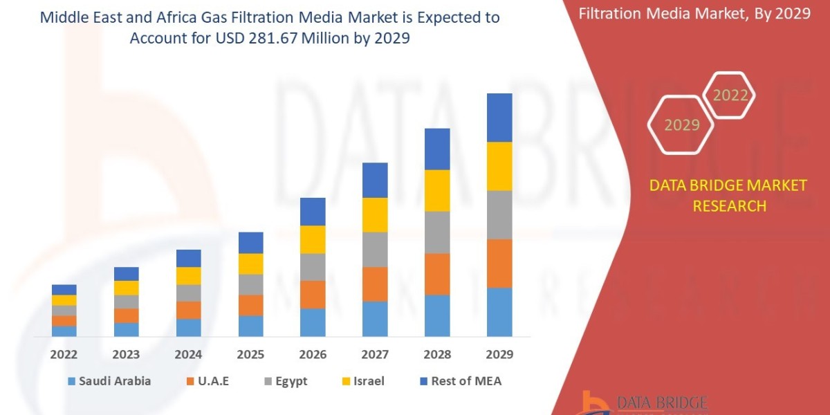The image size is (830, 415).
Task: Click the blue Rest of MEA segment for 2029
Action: click(x=499, y=118)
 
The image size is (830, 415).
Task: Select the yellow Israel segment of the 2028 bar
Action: click(x=437, y=190)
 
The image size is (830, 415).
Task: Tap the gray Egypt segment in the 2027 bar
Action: click(x=375, y=249)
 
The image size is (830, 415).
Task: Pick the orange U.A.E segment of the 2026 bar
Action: click(x=313, y=294)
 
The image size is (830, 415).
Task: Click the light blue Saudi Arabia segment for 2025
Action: click(x=250, y=326)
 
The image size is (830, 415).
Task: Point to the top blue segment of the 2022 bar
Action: click(x=64, y=289)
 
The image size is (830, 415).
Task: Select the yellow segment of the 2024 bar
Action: click(x=188, y=275)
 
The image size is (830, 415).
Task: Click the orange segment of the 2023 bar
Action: click(x=127, y=315)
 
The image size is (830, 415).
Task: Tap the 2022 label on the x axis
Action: click(x=64, y=355)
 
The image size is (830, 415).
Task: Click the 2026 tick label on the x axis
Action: click(x=313, y=355)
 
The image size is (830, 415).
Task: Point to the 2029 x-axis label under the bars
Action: click(x=499, y=355)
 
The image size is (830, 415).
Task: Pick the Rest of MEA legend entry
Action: click(x=459, y=381)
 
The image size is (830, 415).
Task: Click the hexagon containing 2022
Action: click(x=730, y=95)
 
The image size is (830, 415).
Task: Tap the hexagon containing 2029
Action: click(x=681, y=125)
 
